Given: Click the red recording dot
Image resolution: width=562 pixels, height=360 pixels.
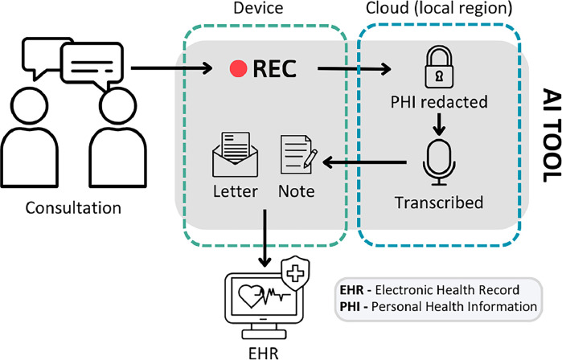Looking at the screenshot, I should (236, 69).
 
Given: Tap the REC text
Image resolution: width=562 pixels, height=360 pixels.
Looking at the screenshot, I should (275, 69).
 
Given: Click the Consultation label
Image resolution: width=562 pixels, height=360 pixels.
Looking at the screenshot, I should (73, 208).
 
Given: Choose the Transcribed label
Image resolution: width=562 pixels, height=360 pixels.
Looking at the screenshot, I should (438, 202).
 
